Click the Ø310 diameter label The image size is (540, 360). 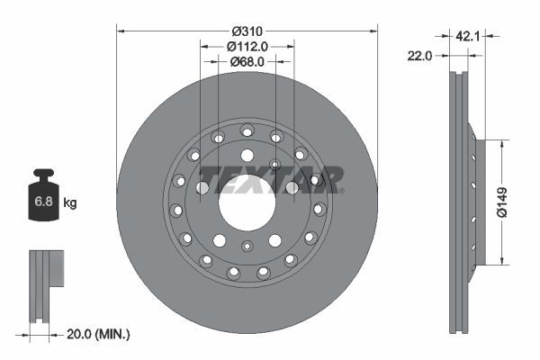(247, 31)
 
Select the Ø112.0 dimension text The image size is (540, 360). (247, 47)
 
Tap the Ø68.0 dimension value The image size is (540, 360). (247, 62)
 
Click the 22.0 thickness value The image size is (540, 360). (420, 55)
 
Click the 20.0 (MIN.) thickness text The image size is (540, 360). (100, 334)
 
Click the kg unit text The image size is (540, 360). (70, 203)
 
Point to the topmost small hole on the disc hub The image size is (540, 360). (247, 131)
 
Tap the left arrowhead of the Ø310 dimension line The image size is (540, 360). (121, 31)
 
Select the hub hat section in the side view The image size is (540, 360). (477, 203)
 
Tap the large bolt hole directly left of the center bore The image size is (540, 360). (202, 188)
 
